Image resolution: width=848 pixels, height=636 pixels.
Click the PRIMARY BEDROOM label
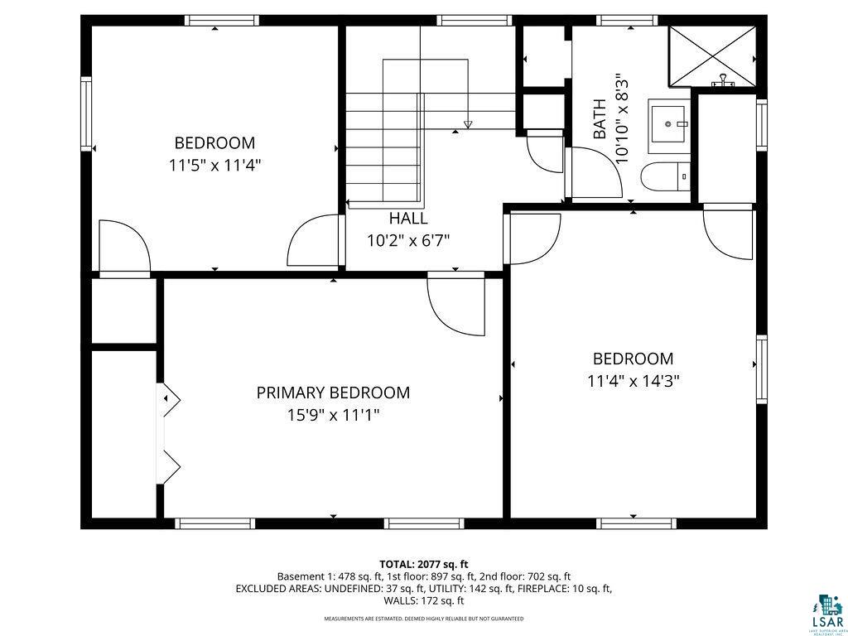pyautogui.click(x=333, y=393)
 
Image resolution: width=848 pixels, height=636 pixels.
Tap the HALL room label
pyautogui.click(x=408, y=219)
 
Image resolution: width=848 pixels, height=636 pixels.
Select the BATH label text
pyautogui.click(x=600, y=118)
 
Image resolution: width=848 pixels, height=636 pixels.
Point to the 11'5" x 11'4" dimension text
pyautogui.click(x=214, y=165)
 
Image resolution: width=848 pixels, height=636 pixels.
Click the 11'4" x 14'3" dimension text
pyautogui.click(x=633, y=381)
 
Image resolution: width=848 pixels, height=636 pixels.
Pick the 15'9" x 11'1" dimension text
pyautogui.click(x=333, y=415)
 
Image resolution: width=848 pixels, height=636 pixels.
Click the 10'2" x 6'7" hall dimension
pyautogui.click(x=408, y=241)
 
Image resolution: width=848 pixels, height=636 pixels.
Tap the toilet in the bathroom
pyautogui.click(x=670, y=176)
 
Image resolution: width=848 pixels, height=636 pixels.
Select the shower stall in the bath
pyautogui.click(x=712, y=55)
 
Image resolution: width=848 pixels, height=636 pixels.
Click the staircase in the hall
pyautogui.click(x=384, y=149)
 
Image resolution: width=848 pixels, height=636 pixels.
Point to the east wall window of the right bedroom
pyautogui.click(x=761, y=369)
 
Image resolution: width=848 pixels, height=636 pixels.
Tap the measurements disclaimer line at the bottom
pyautogui.click(x=423, y=619)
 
